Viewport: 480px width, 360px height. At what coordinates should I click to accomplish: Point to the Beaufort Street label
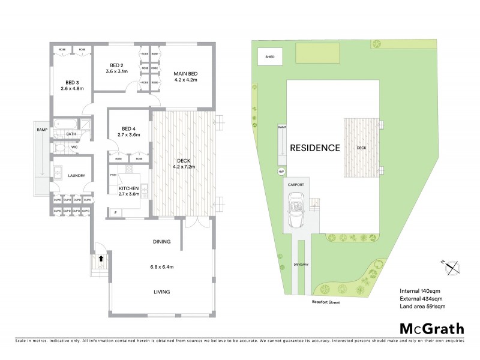(326, 303)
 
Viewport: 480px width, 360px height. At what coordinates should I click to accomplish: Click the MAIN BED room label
(185, 73)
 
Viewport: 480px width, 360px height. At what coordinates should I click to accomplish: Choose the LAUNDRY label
(76, 176)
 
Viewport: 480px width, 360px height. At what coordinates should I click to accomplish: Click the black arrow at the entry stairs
(101, 259)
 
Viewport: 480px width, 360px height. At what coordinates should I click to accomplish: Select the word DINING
(161, 242)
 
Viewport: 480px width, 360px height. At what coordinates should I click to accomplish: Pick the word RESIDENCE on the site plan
(315, 148)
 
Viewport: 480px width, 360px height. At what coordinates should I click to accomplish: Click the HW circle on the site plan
(281, 172)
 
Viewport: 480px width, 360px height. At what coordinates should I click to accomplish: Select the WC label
(74, 146)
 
